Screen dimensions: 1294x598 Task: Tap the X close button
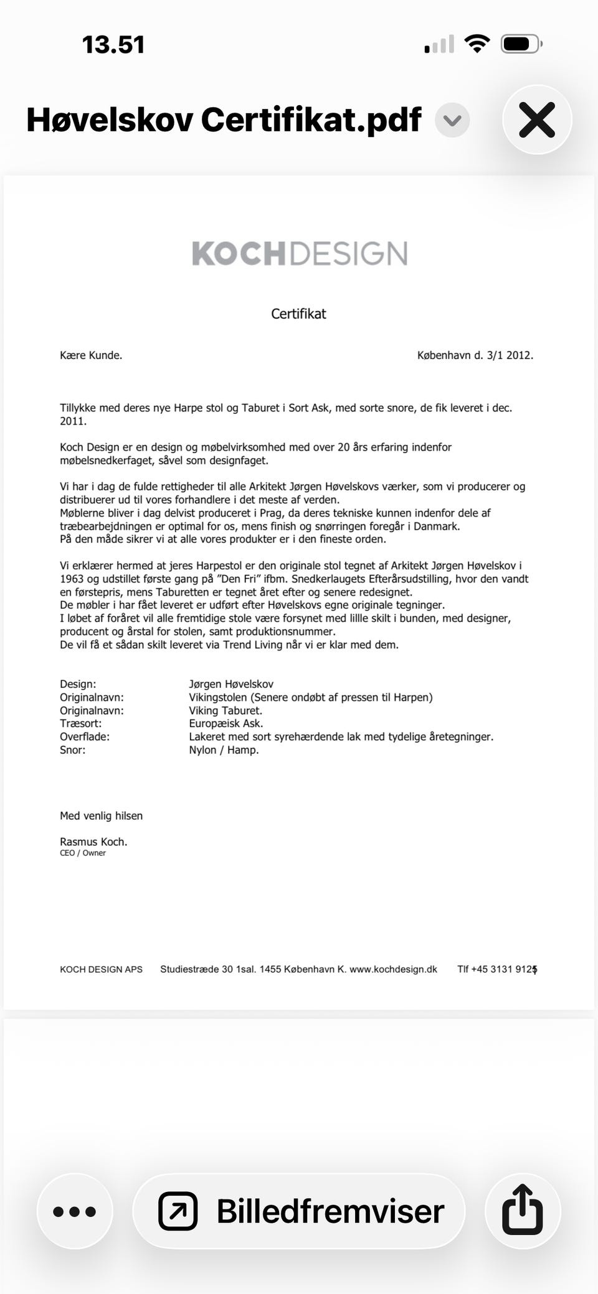pyautogui.click(x=537, y=120)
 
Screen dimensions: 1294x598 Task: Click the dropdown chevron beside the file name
pyautogui.click(x=452, y=120)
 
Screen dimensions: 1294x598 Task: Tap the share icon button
pyautogui.click(x=522, y=1211)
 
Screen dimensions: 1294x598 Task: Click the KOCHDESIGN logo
pyautogui.click(x=300, y=253)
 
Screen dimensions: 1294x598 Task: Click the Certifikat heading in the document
pyautogui.click(x=298, y=314)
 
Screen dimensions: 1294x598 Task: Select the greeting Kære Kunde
pyautogui.click(x=91, y=355)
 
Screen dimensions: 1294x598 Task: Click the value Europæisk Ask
pyautogui.click(x=226, y=723)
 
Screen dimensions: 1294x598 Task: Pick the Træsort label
pyautogui.click(x=80, y=723)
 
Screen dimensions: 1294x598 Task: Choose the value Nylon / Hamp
pyautogui.click(x=224, y=750)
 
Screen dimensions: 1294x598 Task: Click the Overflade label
pyautogui.click(x=85, y=736)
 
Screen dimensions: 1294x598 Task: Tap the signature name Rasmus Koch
pyautogui.click(x=93, y=842)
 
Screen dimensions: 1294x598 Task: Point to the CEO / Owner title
pyautogui.click(x=83, y=853)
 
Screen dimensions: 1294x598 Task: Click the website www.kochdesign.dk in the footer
pyautogui.click(x=394, y=969)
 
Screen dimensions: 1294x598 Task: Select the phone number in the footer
pyautogui.click(x=497, y=969)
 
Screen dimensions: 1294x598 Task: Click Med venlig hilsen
pyautogui.click(x=101, y=815)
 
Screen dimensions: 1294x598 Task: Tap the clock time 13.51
pyautogui.click(x=113, y=45)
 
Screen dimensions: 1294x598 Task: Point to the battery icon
pyautogui.click(x=521, y=44)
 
